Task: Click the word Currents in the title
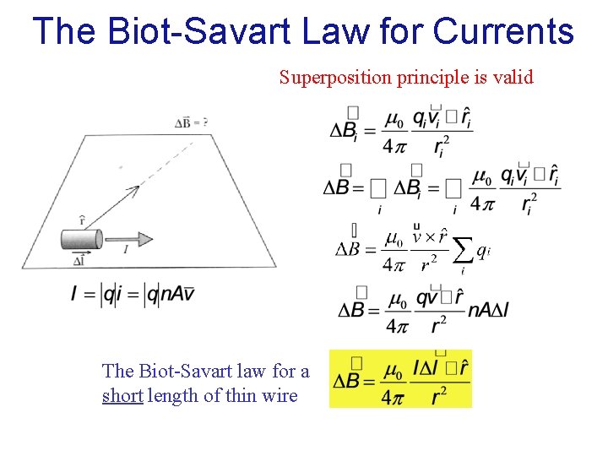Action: (504, 32)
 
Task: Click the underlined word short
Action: (122, 395)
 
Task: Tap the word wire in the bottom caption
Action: (280, 395)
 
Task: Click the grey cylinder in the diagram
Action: (81, 239)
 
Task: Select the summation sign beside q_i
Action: (462, 250)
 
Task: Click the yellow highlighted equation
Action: (400, 379)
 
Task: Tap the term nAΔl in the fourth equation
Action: (487, 310)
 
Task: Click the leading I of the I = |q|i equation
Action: (75, 294)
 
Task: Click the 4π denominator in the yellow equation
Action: (392, 397)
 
